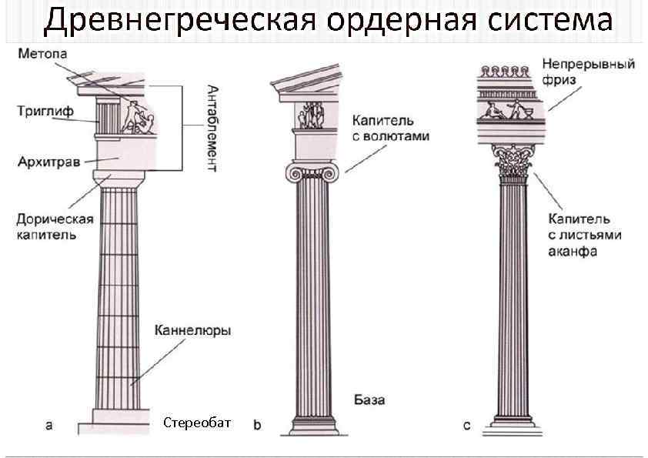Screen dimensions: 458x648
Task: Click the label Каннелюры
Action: pos(192,331)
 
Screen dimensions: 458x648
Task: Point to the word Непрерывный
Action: pos(589,64)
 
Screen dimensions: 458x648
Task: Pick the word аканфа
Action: pos(573,251)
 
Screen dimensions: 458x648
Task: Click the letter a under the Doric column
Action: pos(49,424)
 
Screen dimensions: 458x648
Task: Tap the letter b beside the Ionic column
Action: pos(257,424)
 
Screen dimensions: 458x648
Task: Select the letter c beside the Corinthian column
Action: pos(467,425)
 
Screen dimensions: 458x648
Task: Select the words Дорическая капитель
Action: pos(55,226)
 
